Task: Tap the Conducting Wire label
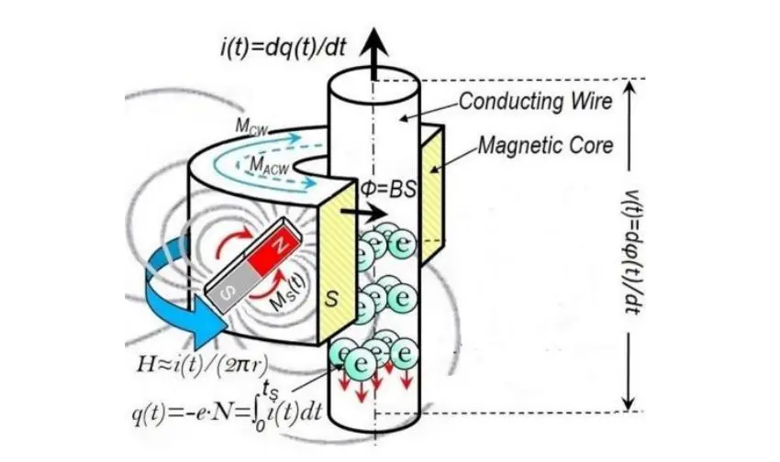click(x=534, y=101)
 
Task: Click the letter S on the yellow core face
click(x=335, y=300)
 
